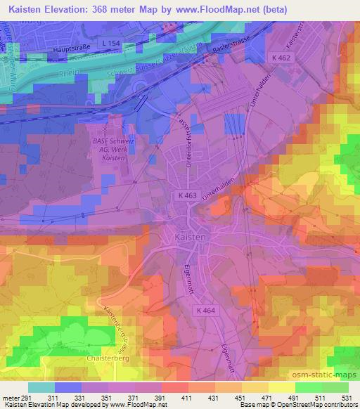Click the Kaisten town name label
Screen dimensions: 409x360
point(188,239)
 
